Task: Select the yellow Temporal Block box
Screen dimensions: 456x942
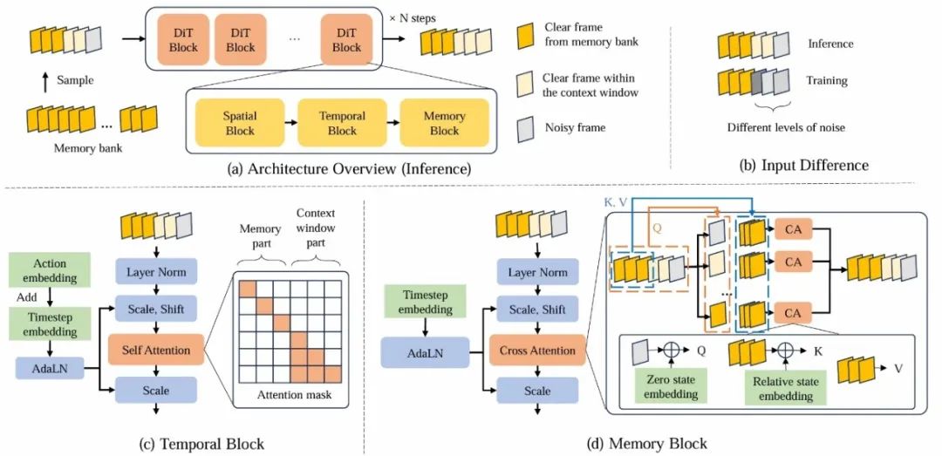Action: tap(343, 122)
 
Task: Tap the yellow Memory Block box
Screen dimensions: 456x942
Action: tap(444, 122)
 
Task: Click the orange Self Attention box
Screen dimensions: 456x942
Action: tap(156, 350)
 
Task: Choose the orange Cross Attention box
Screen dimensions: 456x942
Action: tap(537, 351)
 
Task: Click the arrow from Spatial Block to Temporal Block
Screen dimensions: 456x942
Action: tap(290, 123)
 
